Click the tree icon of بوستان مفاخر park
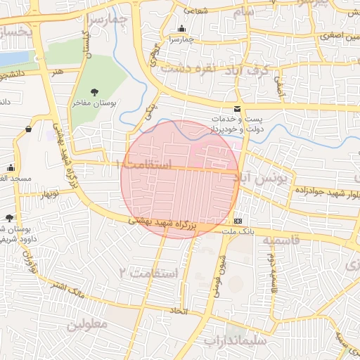pyautogui.click(x=96, y=91)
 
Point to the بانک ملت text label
pyautogui.click(x=236, y=231)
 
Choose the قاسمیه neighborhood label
pyautogui.click(x=281, y=240)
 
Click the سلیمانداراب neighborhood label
pyautogui.click(x=237, y=341)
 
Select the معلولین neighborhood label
pyautogui.click(x=88, y=326)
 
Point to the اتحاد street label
pyautogui.click(x=177, y=310)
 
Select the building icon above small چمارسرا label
pyautogui.click(x=182, y=29)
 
